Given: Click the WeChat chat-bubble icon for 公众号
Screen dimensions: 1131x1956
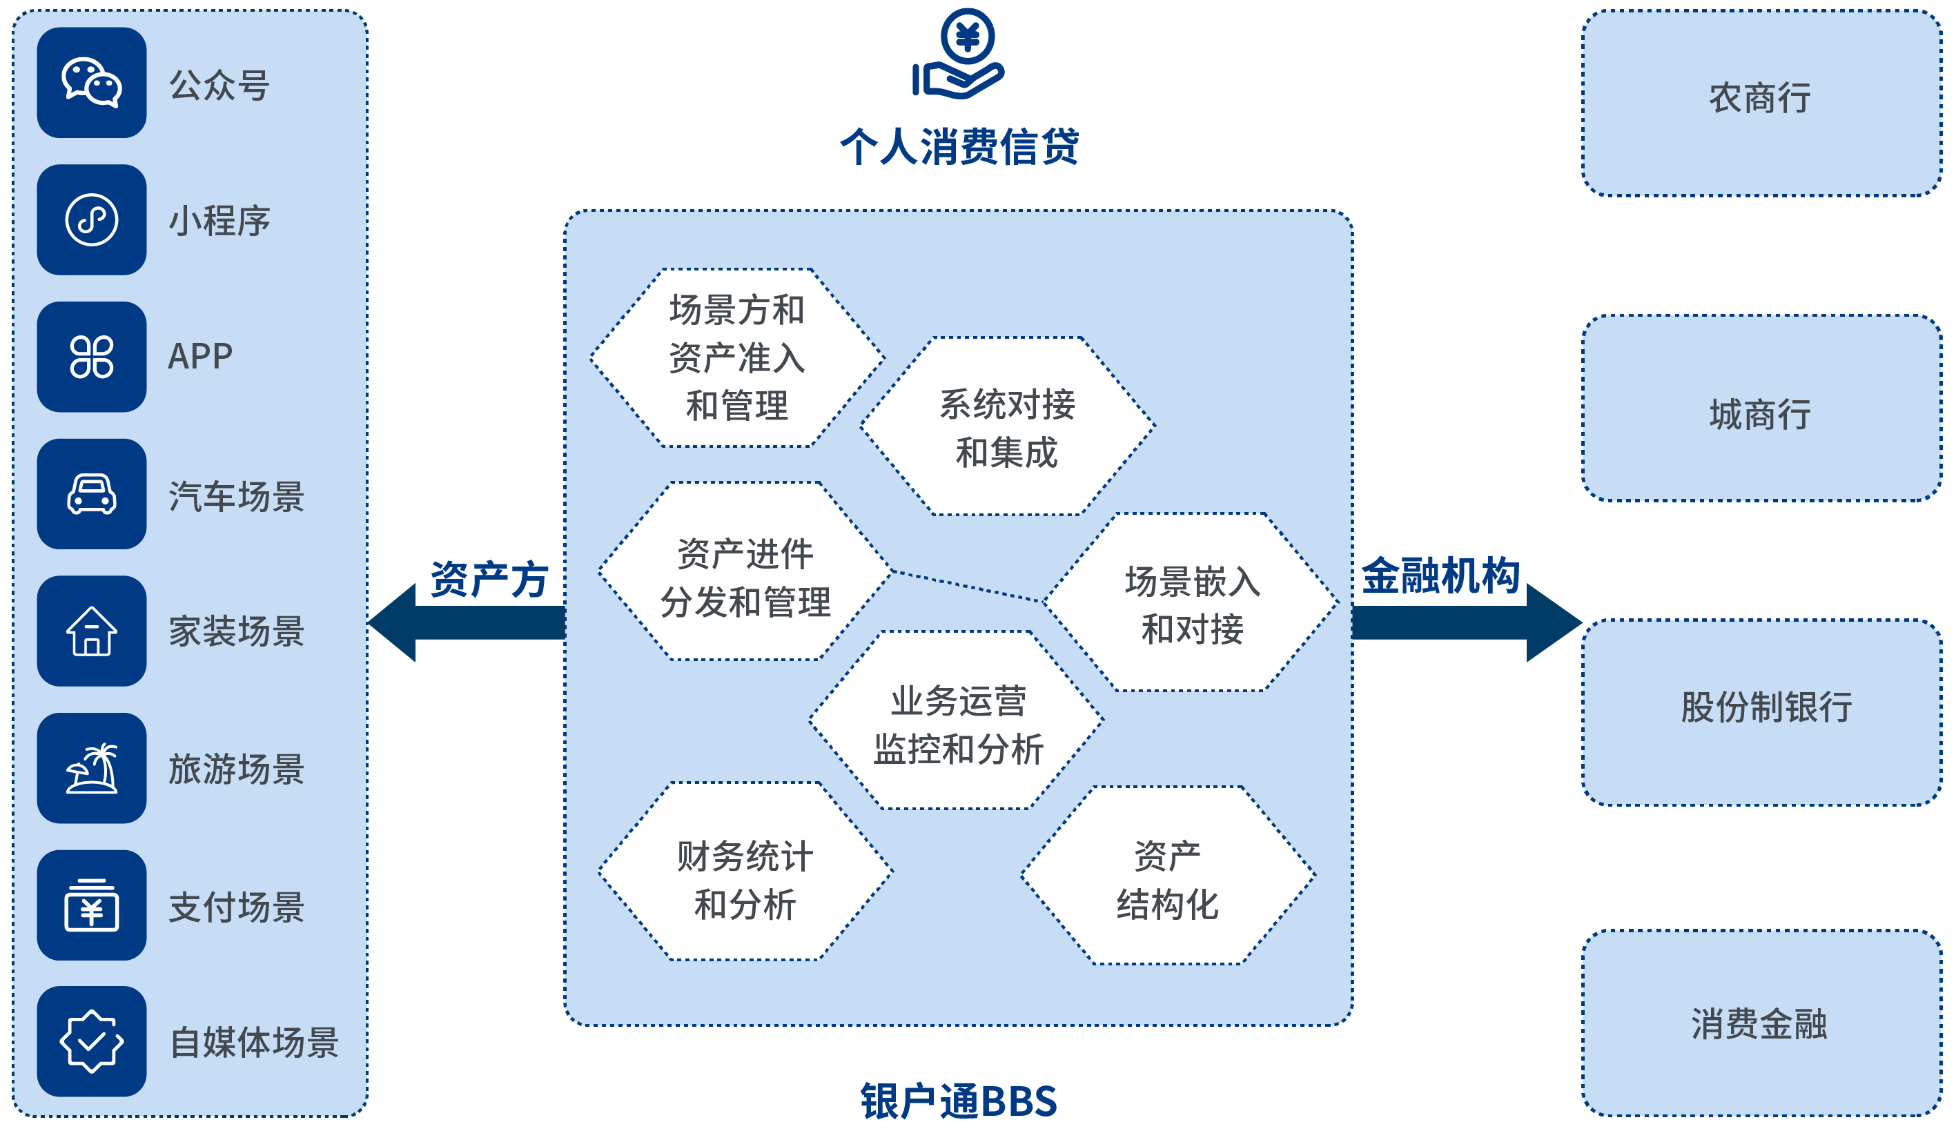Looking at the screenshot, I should pyautogui.click(x=92, y=82).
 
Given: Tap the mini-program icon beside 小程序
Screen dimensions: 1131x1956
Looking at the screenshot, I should pyautogui.click(x=92, y=219).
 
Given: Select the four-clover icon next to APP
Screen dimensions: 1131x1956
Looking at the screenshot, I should pyautogui.click(x=92, y=357).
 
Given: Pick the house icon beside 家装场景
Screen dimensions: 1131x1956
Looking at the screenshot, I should pyautogui.click(x=92, y=631).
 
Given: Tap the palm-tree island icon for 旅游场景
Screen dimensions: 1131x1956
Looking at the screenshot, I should pyautogui.click(x=92, y=769).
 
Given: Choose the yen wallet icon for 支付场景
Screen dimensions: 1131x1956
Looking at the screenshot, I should pyautogui.click(x=92, y=905).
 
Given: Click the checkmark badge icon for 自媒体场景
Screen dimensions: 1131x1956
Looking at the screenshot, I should pyautogui.click(x=92, y=1042).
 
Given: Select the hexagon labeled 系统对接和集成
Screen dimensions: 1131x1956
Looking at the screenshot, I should pyautogui.click(x=1007, y=427).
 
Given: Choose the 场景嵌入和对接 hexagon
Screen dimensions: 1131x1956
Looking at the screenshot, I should pyautogui.click(x=1191, y=603).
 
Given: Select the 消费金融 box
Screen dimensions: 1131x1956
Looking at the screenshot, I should pyautogui.click(x=1761, y=1024).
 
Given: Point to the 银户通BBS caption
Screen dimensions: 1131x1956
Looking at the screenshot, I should pyautogui.click(x=959, y=1101).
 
